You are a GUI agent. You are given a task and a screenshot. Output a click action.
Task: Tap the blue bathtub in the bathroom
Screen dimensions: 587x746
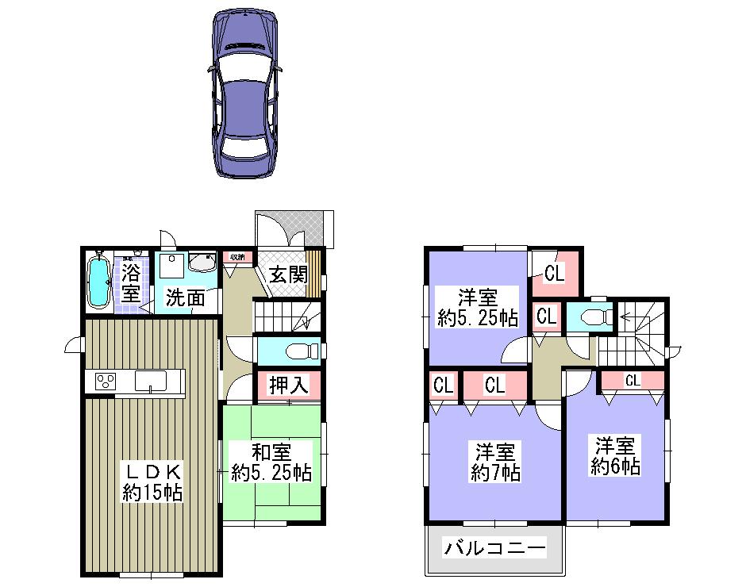coord(99,283)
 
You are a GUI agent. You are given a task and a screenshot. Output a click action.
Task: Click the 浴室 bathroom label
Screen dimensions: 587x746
coord(131,283)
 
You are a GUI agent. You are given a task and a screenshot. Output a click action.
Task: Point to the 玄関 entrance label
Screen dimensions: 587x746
coord(287,274)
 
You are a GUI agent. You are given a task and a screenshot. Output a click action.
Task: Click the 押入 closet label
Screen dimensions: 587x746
coord(288,386)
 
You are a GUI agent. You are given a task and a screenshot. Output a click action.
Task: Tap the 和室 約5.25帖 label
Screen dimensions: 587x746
coord(271,463)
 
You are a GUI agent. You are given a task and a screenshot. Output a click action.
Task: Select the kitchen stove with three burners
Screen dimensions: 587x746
coord(106,382)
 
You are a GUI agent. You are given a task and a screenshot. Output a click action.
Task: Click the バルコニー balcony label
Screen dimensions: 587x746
coord(495,548)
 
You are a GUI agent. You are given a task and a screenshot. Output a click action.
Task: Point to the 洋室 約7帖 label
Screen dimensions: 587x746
coord(495,463)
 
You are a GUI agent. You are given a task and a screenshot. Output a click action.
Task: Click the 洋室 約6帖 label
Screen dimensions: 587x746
coord(615,455)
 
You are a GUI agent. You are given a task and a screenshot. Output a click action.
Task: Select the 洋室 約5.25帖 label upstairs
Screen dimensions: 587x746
coord(478,309)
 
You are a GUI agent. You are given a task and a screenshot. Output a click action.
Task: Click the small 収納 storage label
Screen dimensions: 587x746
coord(237,257)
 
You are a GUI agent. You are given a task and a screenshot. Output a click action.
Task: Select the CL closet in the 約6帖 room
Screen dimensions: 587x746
coord(632,381)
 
